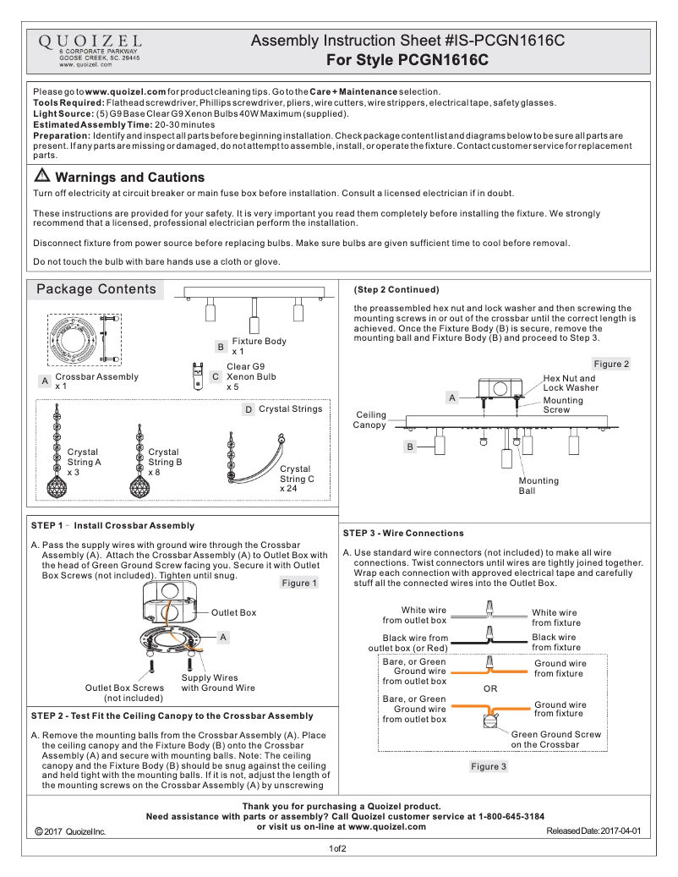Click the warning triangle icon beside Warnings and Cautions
point(42,177)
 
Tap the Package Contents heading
point(96,289)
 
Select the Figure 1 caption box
point(299,583)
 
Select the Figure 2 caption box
point(611,364)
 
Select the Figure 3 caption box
point(488,766)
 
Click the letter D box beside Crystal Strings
point(249,409)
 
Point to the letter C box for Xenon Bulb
point(216,376)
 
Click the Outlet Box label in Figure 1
point(233,612)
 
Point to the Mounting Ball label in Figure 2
point(539,485)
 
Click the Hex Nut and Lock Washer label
point(571,383)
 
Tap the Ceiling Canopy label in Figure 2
point(370,419)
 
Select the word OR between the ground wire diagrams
point(490,688)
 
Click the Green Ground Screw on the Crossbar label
point(556,739)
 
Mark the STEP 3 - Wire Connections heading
point(403,533)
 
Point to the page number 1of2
point(338,848)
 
